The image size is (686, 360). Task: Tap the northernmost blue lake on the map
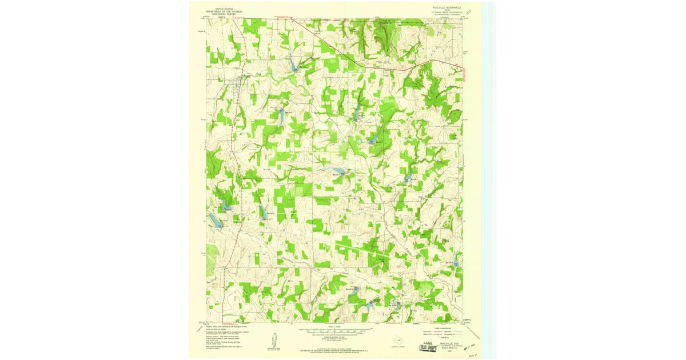click(x=296, y=67)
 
